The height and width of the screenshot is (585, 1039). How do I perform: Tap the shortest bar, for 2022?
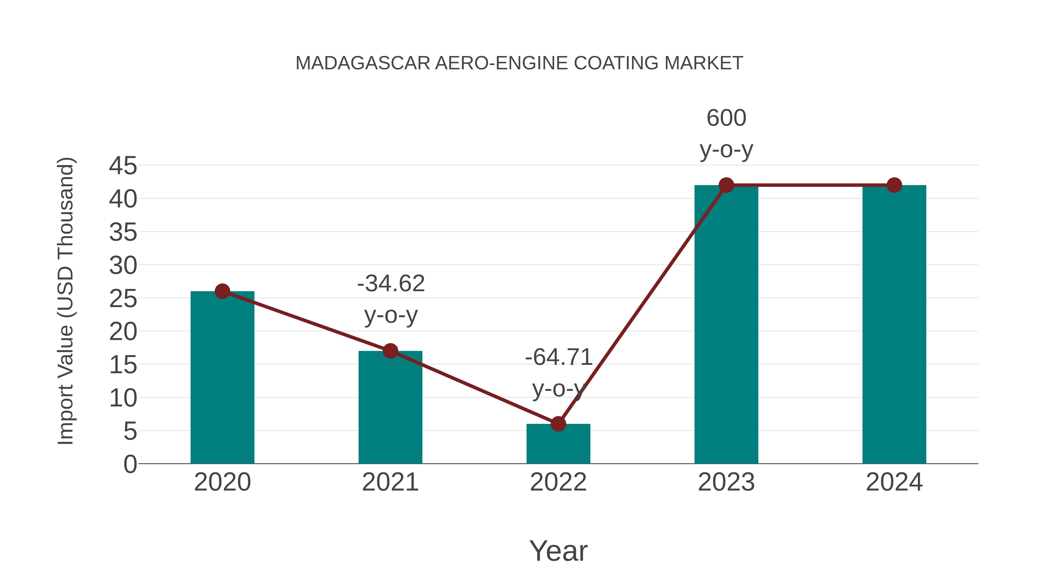[558, 444]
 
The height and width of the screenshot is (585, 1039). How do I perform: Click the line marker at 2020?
[222, 291]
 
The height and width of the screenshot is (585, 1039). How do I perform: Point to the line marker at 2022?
[558, 424]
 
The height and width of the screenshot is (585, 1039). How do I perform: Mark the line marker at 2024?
[894, 185]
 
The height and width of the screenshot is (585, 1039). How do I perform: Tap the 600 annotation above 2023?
[726, 118]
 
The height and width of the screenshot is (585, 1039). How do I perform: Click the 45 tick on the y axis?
[123, 166]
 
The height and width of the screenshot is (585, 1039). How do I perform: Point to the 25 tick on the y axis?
[123, 299]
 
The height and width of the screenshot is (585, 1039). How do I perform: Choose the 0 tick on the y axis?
[130, 464]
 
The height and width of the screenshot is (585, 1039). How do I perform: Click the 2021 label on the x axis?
[390, 482]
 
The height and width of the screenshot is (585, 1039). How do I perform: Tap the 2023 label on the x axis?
[726, 482]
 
